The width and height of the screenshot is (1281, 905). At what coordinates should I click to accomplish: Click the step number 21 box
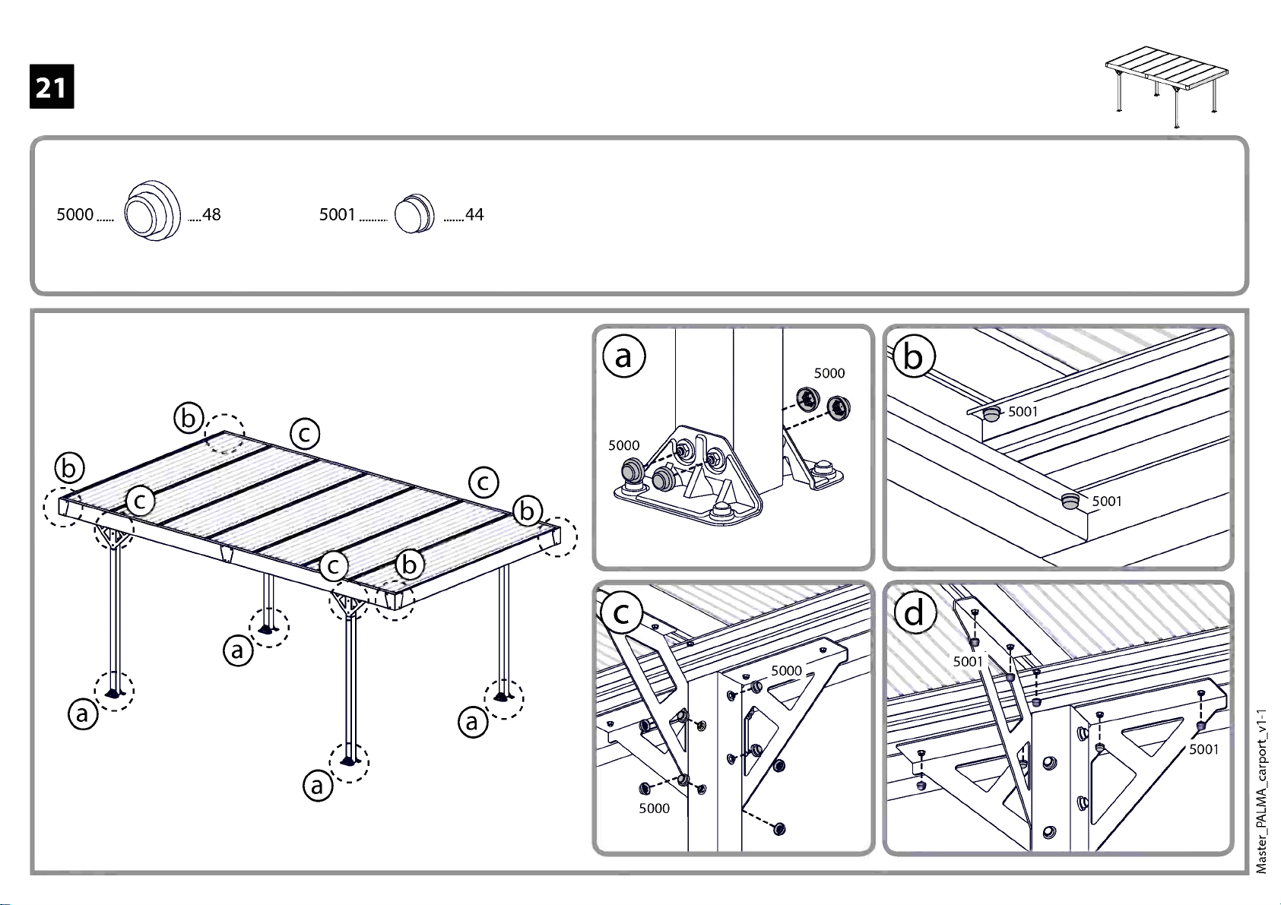52,87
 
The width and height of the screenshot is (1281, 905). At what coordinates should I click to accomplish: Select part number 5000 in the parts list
75,215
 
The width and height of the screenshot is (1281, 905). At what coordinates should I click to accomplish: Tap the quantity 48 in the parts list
211,215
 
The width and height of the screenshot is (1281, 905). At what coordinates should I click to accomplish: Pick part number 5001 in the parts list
337,215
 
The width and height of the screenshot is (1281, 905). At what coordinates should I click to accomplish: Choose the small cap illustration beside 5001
415,214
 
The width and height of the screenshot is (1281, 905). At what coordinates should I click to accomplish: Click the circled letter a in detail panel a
623,356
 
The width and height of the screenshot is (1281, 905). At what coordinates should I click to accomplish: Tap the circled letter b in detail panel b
913,356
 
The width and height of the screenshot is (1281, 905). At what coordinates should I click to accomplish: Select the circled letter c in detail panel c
622,612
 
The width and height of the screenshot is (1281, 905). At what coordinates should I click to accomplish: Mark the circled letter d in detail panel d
914,612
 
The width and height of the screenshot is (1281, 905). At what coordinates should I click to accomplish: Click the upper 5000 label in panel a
829,373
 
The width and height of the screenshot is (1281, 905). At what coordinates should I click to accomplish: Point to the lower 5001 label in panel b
1106,502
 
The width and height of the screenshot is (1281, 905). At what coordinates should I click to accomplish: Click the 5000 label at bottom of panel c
654,808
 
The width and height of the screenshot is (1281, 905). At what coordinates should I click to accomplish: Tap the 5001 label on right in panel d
1203,749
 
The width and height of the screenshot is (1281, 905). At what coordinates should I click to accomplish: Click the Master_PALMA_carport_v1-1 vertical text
1261,790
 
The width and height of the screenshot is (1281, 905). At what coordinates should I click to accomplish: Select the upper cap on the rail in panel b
991,414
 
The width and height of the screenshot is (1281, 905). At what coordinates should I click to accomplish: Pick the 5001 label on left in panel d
969,662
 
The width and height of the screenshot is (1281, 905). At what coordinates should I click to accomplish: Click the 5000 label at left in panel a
623,445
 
